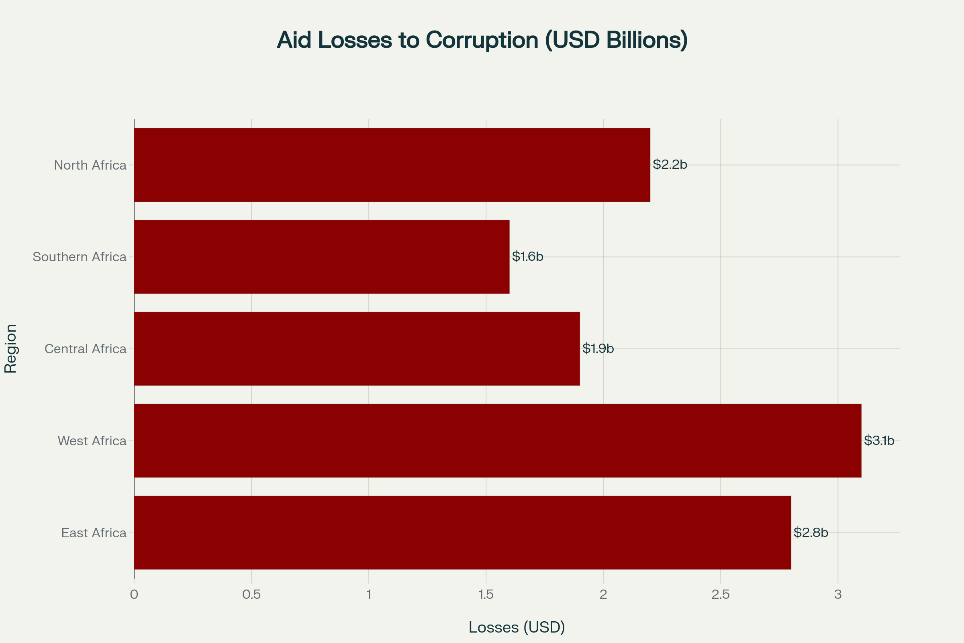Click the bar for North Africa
pyautogui.click(x=392, y=165)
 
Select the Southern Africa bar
pyautogui.click(x=322, y=257)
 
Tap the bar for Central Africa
pyautogui.click(x=357, y=348)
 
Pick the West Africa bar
pyautogui.click(x=498, y=440)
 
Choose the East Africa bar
pyautogui.click(x=462, y=532)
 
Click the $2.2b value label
pyautogui.click(x=670, y=164)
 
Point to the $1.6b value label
pyautogui.click(x=527, y=256)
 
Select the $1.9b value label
pyautogui.click(x=598, y=348)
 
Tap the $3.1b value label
pyautogui.click(x=879, y=440)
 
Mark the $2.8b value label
pyautogui.click(x=811, y=532)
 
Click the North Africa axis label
pyautogui.click(x=90, y=165)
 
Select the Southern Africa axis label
pyautogui.click(x=80, y=257)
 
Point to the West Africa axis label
pyautogui.click(x=92, y=441)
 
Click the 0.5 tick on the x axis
pyautogui.click(x=251, y=595)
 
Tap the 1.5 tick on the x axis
pyautogui.click(x=486, y=595)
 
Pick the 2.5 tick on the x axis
pyautogui.click(x=721, y=595)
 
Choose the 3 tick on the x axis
pyautogui.click(x=838, y=595)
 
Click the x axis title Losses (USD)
pyautogui.click(x=517, y=627)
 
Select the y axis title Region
pyautogui.click(x=10, y=348)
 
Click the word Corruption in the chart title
pyautogui.click(x=482, y=40)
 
